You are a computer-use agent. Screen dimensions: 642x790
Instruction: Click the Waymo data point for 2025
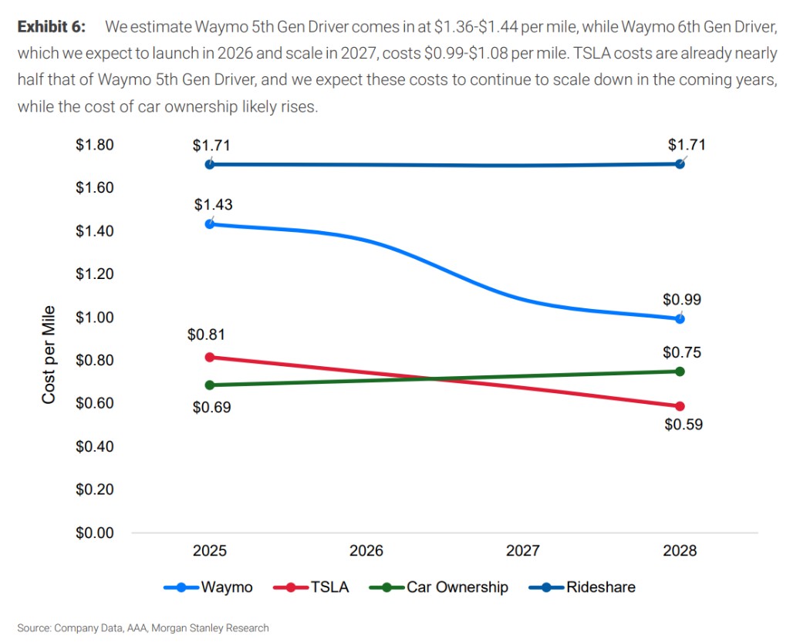coord(209,224)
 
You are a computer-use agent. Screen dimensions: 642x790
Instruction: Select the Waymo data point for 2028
coord(680,318)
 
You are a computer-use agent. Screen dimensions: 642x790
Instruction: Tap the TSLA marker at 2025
coord(209,357)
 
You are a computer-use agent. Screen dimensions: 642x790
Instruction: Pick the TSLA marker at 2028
coord(680,406)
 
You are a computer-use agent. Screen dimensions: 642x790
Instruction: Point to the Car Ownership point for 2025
coord(209,385)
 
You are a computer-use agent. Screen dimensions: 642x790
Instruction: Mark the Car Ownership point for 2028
coord(680,371)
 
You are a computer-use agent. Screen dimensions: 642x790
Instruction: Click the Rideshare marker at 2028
coord(680,164)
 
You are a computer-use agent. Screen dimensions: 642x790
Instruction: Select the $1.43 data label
coord(214,205)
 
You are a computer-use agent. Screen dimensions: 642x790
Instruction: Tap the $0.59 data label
coord(683,425)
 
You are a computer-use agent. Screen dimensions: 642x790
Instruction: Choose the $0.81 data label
coord(206,335)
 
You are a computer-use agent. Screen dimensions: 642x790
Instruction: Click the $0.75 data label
coord(682,353)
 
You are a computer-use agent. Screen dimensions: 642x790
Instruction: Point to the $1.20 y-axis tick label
coord(94,274)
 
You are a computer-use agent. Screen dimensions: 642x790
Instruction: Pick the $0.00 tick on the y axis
coord(94,533)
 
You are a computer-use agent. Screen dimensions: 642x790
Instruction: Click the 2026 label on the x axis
coord(366,551)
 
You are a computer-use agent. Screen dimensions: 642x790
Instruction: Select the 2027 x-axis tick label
coord(522,551)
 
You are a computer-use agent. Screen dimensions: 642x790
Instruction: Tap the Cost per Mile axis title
coord(49,355)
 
